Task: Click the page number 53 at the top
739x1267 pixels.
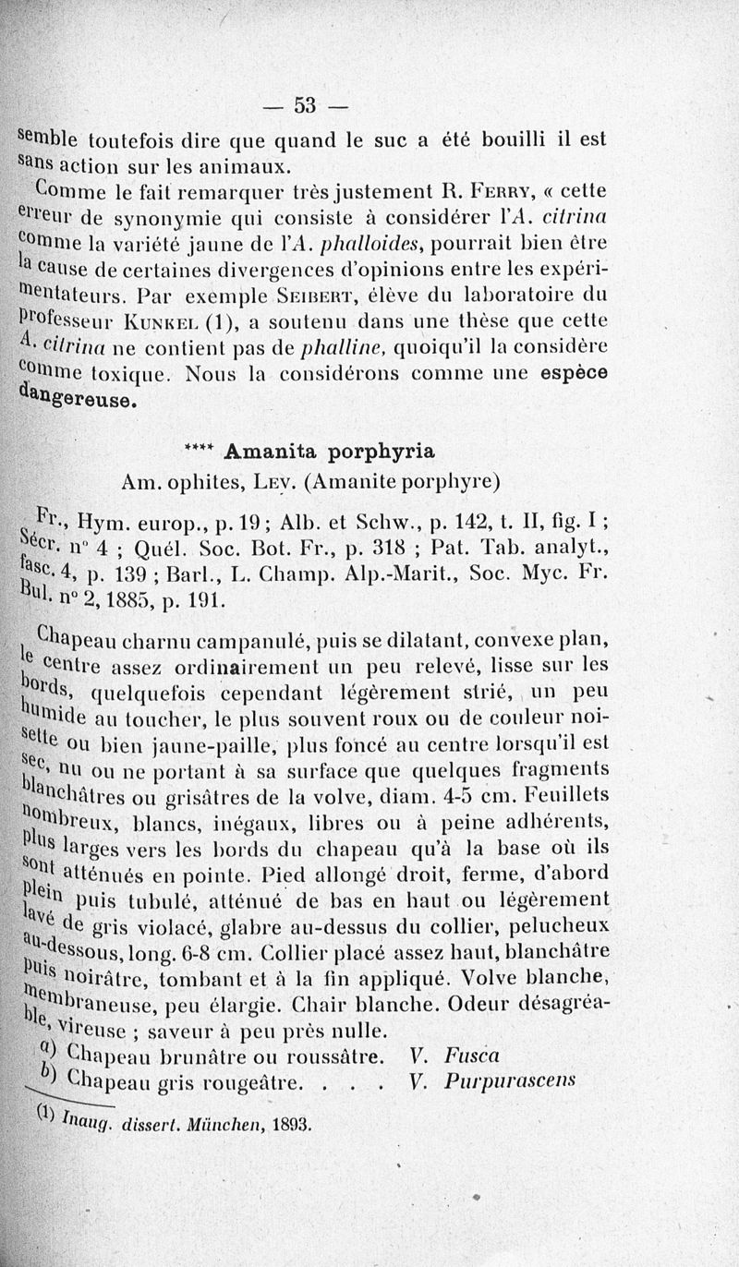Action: (306, 104)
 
